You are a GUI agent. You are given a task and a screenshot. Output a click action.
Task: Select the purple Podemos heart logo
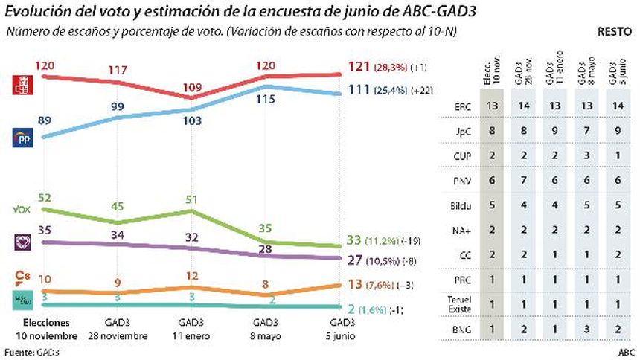(x=24, y=242)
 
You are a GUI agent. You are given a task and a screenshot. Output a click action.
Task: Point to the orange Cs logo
(x=23, y=278)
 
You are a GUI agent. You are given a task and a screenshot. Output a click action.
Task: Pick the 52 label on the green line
(x=44, y=197)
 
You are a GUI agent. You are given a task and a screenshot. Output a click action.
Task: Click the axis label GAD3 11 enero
(x=192, y=330)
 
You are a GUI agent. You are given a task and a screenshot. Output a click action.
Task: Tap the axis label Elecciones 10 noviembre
(x=45, y=330)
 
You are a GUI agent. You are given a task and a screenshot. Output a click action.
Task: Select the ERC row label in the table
(x=462, y=106)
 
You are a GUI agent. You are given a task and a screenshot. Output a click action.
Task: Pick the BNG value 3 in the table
(x=587, y=330)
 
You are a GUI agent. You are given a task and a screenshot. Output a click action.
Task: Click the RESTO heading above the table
(x=615, y=33)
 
